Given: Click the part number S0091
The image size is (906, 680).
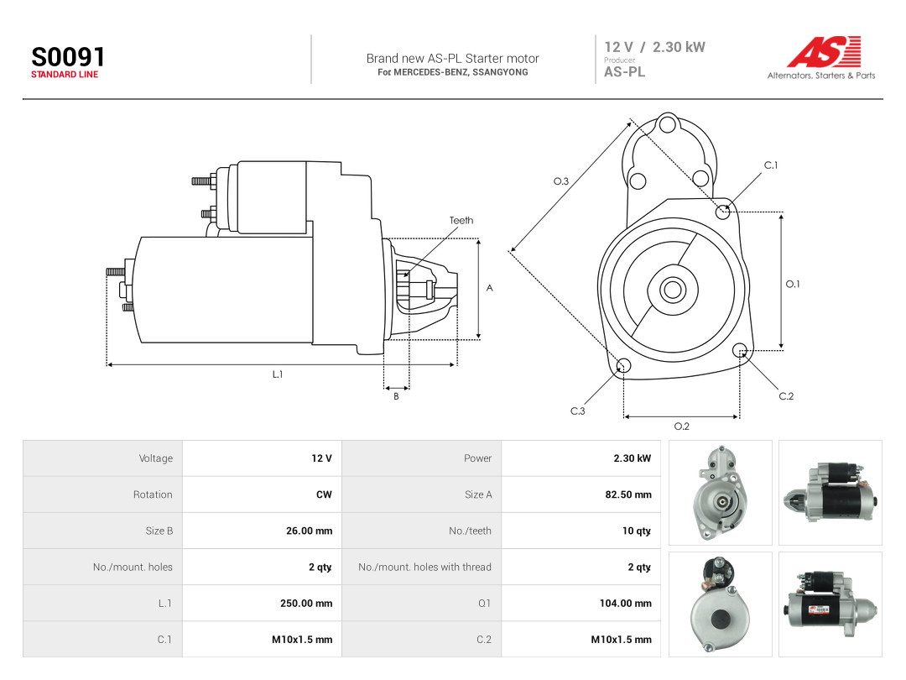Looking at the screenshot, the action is (68, 57).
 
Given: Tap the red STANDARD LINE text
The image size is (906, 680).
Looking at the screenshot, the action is (65, 75).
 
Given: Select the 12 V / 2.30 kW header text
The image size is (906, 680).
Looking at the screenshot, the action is (654, 47).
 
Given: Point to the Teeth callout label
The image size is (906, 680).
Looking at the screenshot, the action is (461, 220).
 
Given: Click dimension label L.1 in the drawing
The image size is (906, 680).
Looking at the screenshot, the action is (278, 374).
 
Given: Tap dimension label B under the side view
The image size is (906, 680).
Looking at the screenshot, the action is (396, 396).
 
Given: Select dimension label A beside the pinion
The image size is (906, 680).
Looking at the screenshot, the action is (489, 288).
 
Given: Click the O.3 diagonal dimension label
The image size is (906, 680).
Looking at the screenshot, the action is (561, 181).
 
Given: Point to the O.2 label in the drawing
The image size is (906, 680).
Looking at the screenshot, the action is (682, 426).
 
